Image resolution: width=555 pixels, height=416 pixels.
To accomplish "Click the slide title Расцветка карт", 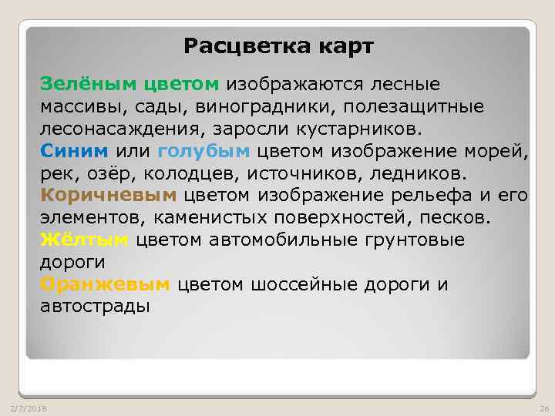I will (x=278, y=47).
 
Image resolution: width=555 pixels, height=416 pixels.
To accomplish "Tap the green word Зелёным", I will (x=77, y=82).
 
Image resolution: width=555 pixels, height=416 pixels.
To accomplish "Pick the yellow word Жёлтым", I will (x=84, y=240).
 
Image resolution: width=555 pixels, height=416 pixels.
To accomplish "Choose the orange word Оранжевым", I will (x=105, y=284).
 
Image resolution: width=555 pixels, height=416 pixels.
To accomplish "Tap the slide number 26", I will (x=542, y=407).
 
